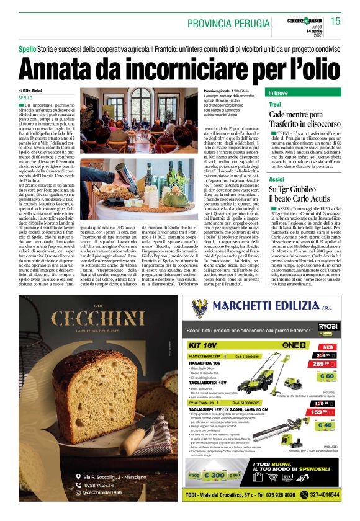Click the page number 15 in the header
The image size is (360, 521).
(x=335, y=20)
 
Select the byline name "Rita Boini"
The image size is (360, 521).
(x=32, y=91)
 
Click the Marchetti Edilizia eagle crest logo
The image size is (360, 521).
(x=199, y=308)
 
